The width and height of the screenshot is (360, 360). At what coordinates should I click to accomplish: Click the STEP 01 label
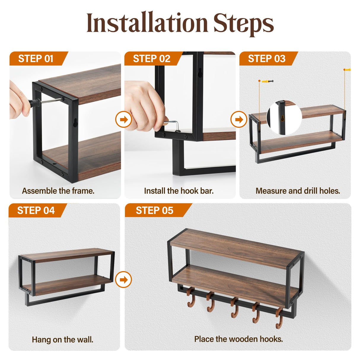pos(36,59)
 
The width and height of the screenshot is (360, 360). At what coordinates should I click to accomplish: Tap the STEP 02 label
pos(152,59)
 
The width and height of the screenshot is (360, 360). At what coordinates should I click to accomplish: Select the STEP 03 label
pos(267,59)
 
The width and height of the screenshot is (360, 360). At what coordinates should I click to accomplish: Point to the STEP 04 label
pos(36,210)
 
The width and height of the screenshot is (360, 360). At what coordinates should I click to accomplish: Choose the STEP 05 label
pos(154,210)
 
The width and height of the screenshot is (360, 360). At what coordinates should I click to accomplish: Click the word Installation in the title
pos(147,23)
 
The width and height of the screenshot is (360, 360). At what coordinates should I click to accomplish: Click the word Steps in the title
pos(243,24)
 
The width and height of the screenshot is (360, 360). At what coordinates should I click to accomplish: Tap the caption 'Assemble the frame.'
pos(58,191)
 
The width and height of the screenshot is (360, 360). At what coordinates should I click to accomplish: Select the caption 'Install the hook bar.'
pos(179,191)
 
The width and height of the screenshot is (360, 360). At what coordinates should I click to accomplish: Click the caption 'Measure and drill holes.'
pos(298,191)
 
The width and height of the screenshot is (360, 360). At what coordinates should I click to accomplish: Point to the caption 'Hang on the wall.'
pos(63,340)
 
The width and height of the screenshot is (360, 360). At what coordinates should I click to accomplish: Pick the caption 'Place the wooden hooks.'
pos(239,339)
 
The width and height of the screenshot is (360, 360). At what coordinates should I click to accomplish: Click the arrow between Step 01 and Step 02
pos(123,120)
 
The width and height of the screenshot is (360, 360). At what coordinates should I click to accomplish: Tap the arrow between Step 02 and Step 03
pos(239,120)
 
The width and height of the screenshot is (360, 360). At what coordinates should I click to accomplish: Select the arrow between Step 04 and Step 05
pos(123,280)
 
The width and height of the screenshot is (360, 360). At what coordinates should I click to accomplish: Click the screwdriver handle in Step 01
pos(34,103)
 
